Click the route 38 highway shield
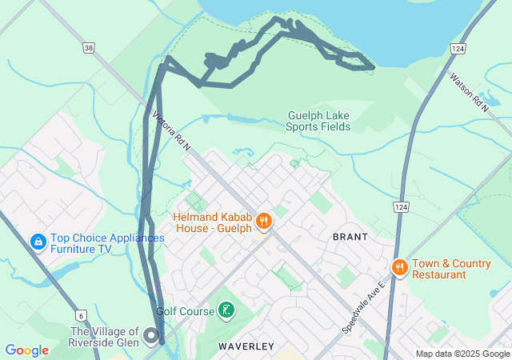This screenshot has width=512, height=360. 88,48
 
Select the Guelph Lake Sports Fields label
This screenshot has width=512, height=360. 318,121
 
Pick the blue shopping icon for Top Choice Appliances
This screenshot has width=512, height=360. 38,241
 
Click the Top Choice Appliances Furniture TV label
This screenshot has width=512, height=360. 107,243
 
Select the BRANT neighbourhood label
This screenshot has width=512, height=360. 350,237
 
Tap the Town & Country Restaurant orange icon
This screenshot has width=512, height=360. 398,267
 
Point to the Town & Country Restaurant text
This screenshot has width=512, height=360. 451,269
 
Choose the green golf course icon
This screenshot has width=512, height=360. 227,310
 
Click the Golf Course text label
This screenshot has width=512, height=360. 185,311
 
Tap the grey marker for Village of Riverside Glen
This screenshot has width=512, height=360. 152,336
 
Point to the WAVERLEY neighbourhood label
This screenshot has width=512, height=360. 246,346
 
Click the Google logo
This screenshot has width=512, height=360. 26,350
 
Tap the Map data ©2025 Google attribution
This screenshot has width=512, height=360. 462,354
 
